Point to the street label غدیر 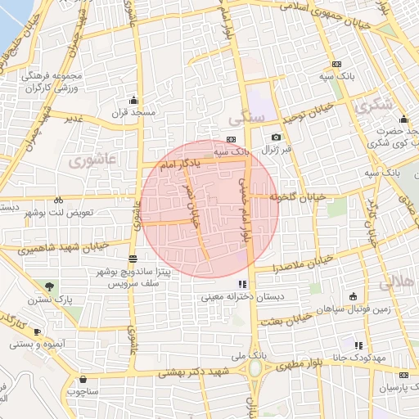74,118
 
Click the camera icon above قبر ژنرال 276,137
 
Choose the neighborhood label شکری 374,105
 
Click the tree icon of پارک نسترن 52,286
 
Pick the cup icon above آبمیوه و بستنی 38,331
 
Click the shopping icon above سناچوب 84,379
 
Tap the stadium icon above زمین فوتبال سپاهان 353,295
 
